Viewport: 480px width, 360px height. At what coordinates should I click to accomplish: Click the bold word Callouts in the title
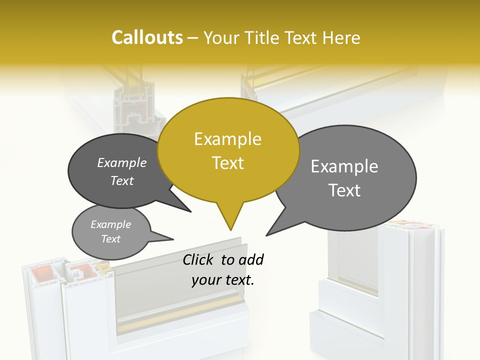147,37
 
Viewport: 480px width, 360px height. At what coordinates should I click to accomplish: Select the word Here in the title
341,37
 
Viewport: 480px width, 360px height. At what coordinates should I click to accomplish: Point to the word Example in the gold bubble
227,139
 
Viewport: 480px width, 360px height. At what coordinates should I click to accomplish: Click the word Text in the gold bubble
227,163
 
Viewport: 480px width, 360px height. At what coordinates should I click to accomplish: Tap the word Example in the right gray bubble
344,166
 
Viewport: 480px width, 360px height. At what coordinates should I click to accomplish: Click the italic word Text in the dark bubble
122,181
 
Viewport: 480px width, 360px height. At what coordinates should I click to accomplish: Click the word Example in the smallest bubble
110,224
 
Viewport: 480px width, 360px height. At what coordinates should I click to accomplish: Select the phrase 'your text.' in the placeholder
222,280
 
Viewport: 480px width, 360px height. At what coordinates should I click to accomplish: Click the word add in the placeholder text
251,259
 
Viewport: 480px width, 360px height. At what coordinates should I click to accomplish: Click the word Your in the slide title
223,37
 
